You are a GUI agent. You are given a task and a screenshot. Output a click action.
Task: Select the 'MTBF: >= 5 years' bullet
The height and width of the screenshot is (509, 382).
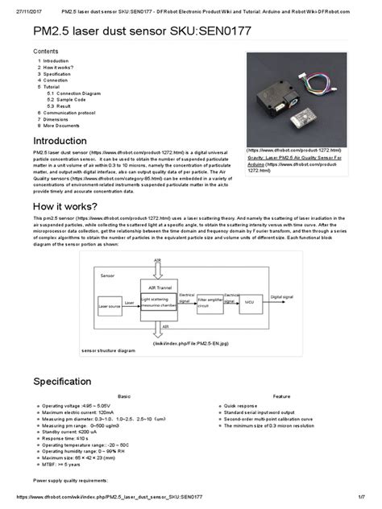coord(67,465)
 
